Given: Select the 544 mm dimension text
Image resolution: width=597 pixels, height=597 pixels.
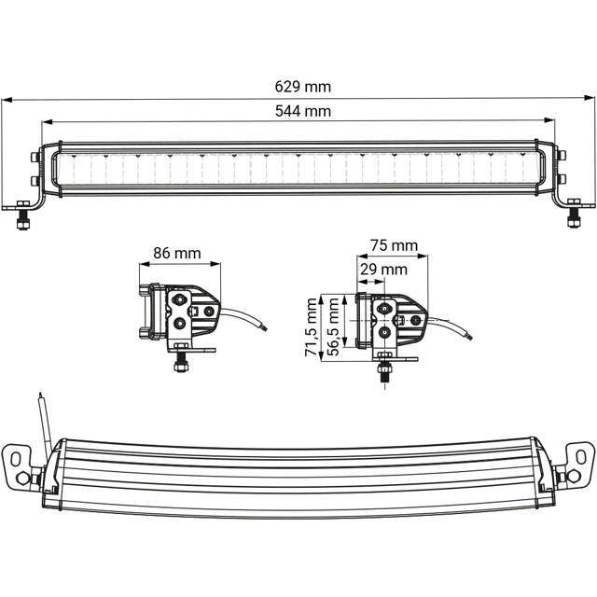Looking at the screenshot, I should coord(303,111).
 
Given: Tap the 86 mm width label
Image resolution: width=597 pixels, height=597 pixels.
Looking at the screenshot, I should coord(175,252).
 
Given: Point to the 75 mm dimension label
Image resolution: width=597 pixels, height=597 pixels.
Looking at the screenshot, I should coord(394,245).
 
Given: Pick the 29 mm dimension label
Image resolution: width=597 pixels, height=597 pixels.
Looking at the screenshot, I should coord(383,270).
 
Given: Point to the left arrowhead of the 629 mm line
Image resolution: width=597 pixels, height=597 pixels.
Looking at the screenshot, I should coord(5,98).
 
